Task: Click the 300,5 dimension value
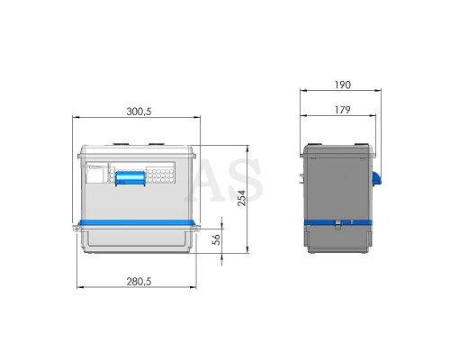[x=139, y=112]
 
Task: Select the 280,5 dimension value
[x=139, y=282]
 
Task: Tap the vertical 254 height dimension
[x=242, y=198]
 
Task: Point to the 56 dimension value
[x=216, y=239]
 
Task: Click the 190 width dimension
[x=343, y=85]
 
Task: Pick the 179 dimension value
[x=343, y=110]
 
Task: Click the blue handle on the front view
[x=130, y=178]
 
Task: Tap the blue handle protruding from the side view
[x=377, y=178]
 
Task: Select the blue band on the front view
[x=137, y=222]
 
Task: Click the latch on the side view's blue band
[x=338, y=224]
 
